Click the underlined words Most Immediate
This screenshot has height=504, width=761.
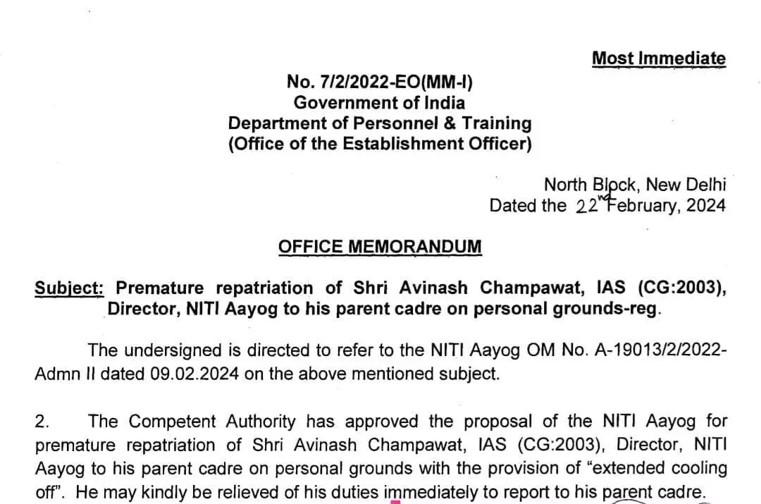[x=658, y=59]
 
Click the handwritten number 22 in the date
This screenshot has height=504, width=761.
[x=586, y=207]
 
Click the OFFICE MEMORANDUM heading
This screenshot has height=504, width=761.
[x=380, y=247]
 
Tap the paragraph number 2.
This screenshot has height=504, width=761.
[x=42, y=422]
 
